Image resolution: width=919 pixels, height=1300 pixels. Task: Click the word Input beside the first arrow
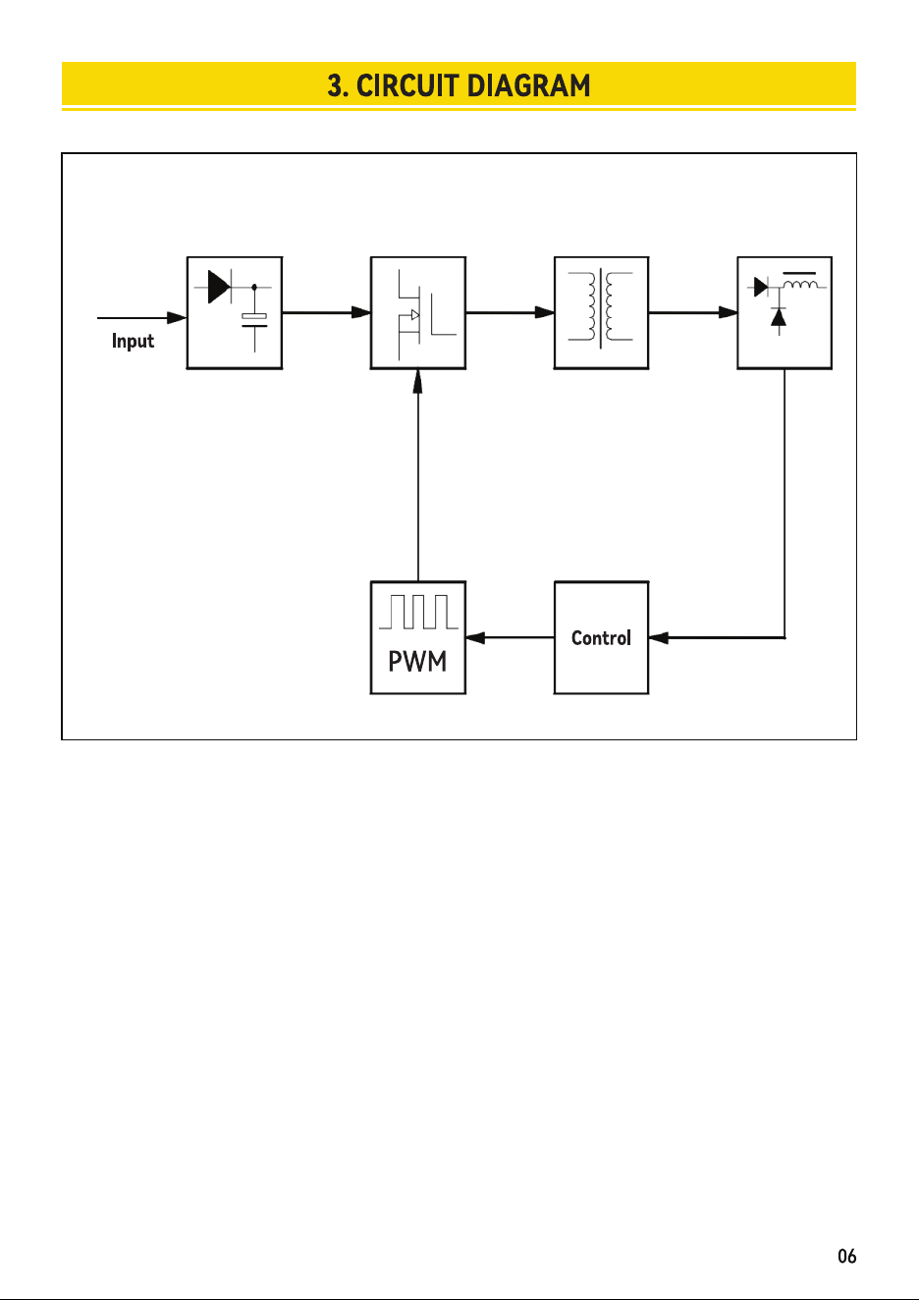point(133,341)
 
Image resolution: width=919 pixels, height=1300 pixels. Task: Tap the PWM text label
point(417,661)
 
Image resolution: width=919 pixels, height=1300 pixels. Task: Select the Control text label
point(601,638)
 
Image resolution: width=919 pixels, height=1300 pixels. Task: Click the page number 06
point(847,1256)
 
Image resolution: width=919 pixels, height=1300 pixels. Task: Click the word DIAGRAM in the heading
point(528,85)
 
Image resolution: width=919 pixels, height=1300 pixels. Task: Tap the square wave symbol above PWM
point(418,612)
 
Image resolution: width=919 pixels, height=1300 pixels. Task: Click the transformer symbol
point(601,306)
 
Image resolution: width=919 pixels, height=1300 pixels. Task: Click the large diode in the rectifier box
point(219,287)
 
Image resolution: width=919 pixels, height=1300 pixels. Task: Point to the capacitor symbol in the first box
point(254,320)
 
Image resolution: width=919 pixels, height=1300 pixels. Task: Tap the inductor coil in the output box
point(800,284)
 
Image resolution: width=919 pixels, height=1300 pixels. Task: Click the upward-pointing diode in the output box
point(779,318)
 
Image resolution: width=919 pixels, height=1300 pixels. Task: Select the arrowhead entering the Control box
point(659,638)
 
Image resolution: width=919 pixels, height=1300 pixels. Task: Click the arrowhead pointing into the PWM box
point(475,638)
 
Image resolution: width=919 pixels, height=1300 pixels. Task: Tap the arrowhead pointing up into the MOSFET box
point(417,381)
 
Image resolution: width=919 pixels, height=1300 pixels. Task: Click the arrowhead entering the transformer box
point(544,312)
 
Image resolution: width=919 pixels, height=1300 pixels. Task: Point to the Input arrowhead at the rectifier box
point(177,317)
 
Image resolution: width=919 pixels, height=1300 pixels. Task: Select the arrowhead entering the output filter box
point(728,312)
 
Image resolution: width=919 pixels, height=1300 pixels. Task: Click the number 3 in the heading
point(335,85)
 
